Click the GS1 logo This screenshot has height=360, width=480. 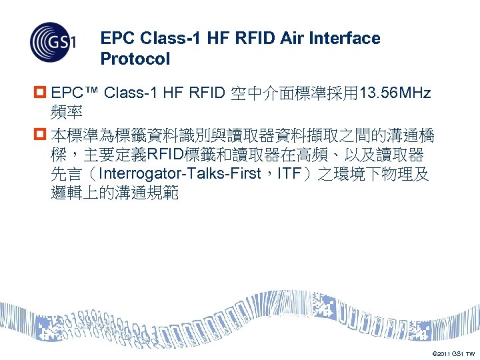(x=53, y=42)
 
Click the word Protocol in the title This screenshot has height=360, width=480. (x=135, y=59)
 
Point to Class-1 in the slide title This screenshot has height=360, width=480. (x=160, y=39)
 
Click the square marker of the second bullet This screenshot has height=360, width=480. (x=41, y=137)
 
